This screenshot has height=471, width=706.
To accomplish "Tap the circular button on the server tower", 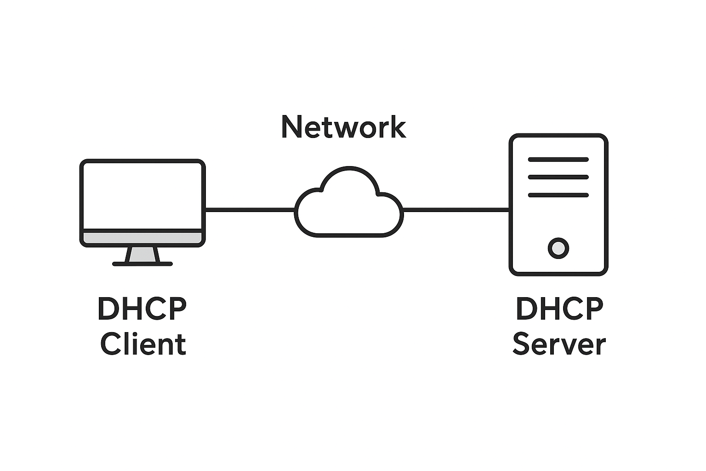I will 558,248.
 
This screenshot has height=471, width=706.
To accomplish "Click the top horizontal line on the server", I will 558,160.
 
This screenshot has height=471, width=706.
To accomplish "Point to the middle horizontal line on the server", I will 558,177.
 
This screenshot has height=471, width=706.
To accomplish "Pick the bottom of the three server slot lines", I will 558,195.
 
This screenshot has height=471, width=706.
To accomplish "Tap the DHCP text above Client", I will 142,309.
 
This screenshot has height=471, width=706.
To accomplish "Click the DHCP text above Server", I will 559,309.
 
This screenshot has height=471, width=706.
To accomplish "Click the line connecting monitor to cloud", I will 250,210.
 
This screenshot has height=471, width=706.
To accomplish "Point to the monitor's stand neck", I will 143,255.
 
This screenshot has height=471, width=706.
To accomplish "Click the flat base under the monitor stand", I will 142,264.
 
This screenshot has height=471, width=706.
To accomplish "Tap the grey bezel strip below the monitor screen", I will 142,238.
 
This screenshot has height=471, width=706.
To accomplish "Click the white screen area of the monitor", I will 142,195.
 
